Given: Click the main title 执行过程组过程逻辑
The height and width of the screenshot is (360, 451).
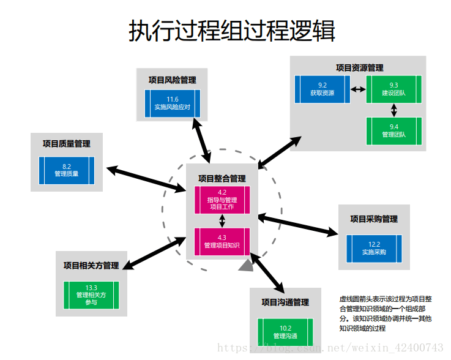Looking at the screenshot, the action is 232,31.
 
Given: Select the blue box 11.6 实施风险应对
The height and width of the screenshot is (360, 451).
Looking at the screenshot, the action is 173,103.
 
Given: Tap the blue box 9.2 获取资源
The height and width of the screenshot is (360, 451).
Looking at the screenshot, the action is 322,89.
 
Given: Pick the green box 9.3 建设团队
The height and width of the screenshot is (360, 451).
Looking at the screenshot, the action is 393,89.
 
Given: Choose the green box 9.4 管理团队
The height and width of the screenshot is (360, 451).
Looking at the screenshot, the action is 393,131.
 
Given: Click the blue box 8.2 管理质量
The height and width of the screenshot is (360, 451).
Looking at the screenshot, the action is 67,170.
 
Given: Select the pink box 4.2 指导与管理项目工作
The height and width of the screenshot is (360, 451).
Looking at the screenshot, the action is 222,200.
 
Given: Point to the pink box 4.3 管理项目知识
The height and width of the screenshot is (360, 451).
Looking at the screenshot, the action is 222,242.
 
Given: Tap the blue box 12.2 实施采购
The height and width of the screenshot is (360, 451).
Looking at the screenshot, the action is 375,249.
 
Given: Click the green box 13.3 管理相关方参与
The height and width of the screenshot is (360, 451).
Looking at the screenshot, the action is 91,295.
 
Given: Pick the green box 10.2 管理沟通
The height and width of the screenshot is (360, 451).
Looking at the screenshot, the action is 285,332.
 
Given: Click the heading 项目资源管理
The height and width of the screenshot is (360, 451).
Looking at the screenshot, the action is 360,68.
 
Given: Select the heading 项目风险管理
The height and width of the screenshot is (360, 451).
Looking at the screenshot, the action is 173,80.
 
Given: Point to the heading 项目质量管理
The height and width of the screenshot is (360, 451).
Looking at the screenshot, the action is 67,144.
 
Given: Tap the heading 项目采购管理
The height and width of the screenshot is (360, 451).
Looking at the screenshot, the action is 374,219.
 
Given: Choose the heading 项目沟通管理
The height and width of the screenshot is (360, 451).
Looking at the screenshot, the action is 285,302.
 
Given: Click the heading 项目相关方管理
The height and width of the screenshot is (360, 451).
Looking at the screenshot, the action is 91,265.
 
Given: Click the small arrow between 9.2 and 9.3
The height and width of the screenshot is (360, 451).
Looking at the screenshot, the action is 358,89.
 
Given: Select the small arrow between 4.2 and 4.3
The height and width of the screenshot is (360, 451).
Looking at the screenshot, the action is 222,221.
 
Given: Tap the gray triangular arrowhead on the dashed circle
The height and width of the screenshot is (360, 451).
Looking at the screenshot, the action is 247,266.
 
